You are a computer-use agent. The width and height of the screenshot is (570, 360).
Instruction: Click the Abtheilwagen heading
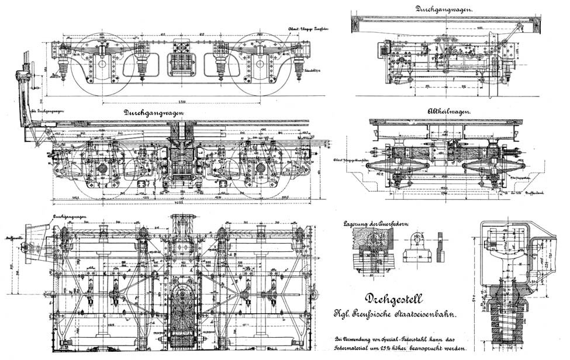(451, 110)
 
